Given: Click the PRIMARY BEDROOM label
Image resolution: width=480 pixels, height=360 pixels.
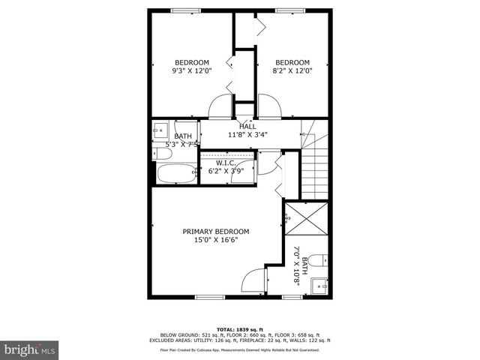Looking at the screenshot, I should click(x=216, y=231).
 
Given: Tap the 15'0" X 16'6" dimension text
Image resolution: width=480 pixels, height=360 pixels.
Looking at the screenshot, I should click(x=216, y=241).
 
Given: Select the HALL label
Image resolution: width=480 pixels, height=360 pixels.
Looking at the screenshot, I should click(x=247, y=126).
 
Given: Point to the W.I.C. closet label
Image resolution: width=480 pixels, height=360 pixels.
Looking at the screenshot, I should click(x=227, y=162).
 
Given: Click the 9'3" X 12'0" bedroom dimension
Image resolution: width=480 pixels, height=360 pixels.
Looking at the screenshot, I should click(x=192, y=71).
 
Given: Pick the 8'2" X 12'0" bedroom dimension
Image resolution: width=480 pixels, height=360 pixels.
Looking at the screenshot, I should click(x=292, y=71).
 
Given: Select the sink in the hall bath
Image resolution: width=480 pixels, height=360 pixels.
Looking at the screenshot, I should click(x=161, y=127).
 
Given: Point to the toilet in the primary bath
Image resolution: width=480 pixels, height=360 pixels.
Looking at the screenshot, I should click(x=318, y=260).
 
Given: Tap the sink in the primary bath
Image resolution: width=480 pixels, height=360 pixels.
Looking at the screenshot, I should click(x=320, y=285).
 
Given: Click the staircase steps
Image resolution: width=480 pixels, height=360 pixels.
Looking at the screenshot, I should click(x=316, y=169).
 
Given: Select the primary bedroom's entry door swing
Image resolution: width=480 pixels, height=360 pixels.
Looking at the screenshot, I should click(x=254, y=281).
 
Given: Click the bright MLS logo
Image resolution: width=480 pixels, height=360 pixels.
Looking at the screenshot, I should click(x=30, y=349).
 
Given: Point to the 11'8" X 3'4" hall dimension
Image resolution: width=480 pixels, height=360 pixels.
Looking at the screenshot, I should click(x=247, y=135).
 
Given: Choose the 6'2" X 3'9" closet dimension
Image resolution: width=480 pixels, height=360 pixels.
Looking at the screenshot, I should click(x=227, y=170).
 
